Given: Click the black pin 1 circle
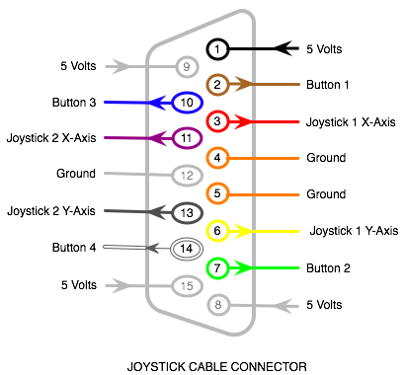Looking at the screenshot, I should (x=218, y=47).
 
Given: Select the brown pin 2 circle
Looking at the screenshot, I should (x=218, y=85).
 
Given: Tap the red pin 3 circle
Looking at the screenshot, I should (x=218, y=121).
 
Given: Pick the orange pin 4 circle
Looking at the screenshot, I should (x=218, y=157).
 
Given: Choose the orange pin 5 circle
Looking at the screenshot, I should (x=218, y=193).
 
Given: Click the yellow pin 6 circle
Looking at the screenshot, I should (x=218, y=231).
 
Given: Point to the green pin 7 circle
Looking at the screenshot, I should (x=218, y=267).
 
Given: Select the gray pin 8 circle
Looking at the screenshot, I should (x=218, y=305).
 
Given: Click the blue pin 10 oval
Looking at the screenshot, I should (x=186, y=102).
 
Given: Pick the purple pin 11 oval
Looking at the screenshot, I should (x=186, y=138).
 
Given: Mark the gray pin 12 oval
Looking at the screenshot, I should (x=186, y=176).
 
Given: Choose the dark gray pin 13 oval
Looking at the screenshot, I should (x=186, y=212).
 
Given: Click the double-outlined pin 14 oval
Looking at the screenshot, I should (x=186, y=249).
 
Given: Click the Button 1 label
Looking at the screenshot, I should (x=328, y=85).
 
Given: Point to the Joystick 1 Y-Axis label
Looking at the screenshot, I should (x=354, y=231).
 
